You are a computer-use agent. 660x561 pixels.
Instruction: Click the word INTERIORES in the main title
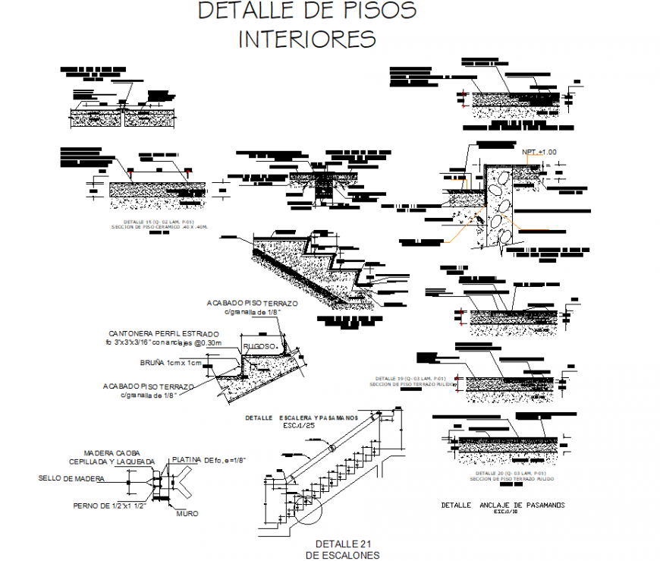pos(306,39)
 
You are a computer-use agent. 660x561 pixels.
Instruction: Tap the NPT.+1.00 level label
pos(539,152)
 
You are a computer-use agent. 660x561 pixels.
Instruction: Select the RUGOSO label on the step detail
pos(258,346)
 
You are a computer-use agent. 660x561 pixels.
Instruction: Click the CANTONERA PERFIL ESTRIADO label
pos(164,333)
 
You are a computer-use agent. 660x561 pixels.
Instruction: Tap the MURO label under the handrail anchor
pos(187,514)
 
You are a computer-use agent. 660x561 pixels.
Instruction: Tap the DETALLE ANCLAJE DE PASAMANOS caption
pos(502,505)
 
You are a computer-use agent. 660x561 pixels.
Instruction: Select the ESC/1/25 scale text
pos(300,426)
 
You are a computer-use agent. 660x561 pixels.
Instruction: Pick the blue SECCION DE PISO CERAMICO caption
pos(164,226)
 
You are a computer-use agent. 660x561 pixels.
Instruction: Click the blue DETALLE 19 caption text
pos(413,378)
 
